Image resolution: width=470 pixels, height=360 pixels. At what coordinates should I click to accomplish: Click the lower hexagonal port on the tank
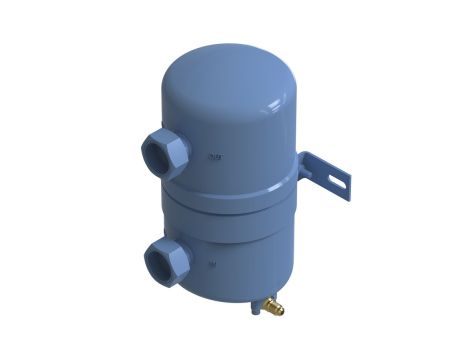tap(163, 262)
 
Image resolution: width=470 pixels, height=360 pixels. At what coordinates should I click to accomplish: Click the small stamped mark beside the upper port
tap(212, 156)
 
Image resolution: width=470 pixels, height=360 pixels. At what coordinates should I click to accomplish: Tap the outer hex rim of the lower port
tap(176, 249)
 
